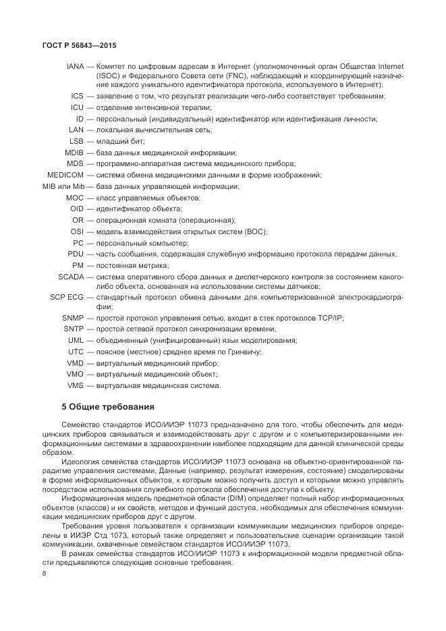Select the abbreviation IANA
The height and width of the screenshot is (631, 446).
click(x=75, y=67)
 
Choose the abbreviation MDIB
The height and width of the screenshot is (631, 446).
click(x=74, y=153)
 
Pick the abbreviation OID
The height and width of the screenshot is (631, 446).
click(x=76, y=209)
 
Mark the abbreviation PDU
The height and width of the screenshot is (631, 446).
click(x=76, y=254)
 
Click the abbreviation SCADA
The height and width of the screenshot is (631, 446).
click(x=71, y=276)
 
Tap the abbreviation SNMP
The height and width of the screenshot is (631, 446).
click(x=73, y=317)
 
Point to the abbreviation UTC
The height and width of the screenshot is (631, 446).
click(x=76, y=352)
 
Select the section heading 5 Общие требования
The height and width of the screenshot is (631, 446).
click(x=108, y=407)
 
